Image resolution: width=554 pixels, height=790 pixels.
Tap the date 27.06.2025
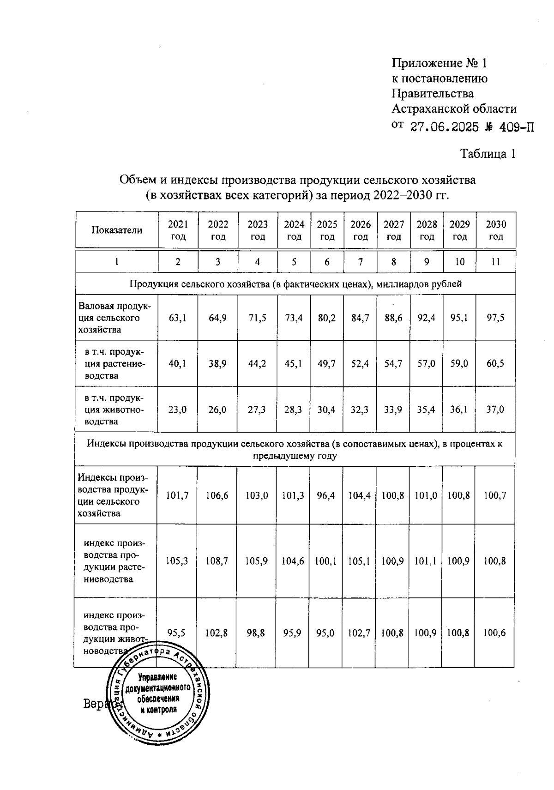coord(444,127)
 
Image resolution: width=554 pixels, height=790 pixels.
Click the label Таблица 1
coord(488,154)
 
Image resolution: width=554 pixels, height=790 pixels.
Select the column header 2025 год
coord(327,230)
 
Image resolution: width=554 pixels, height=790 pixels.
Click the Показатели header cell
coord(117,230)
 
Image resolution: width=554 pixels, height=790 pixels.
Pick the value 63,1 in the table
coord(178,318)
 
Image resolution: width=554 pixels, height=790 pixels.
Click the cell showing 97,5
coord(495,318)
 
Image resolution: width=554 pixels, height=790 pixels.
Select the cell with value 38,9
coord(217,363)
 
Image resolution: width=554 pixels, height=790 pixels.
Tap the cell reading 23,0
coord(177,409)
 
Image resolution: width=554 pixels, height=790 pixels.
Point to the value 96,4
coord(326,495)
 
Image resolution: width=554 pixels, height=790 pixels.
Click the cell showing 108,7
coord(217,561)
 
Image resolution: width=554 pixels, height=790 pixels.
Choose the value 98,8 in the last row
coord(256,633)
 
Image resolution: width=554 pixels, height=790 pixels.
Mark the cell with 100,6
coord(494,633)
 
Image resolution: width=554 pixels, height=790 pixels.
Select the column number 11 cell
coord(495,262)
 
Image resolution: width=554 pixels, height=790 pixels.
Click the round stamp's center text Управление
coord(158,677)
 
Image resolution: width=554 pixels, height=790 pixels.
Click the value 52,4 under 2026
coord(360,363)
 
